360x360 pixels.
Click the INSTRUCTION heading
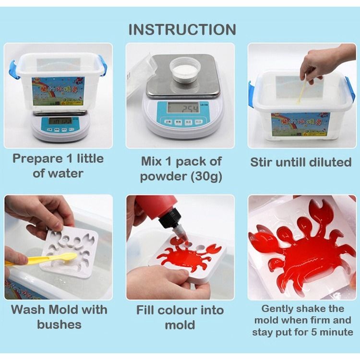pos(182,29)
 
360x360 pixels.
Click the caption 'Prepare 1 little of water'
pos(58,166)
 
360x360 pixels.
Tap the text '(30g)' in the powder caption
pos(205,176)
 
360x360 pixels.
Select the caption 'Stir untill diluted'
pos(300,162)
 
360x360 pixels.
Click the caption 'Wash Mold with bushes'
pos(59,317)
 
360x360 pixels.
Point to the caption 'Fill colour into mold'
pos(180,317)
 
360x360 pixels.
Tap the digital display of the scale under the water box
pos(60,121)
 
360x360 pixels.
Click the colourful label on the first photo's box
pos(58,91)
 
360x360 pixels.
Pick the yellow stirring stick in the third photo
pos(303,91)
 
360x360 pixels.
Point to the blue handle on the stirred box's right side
pos(350,88)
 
